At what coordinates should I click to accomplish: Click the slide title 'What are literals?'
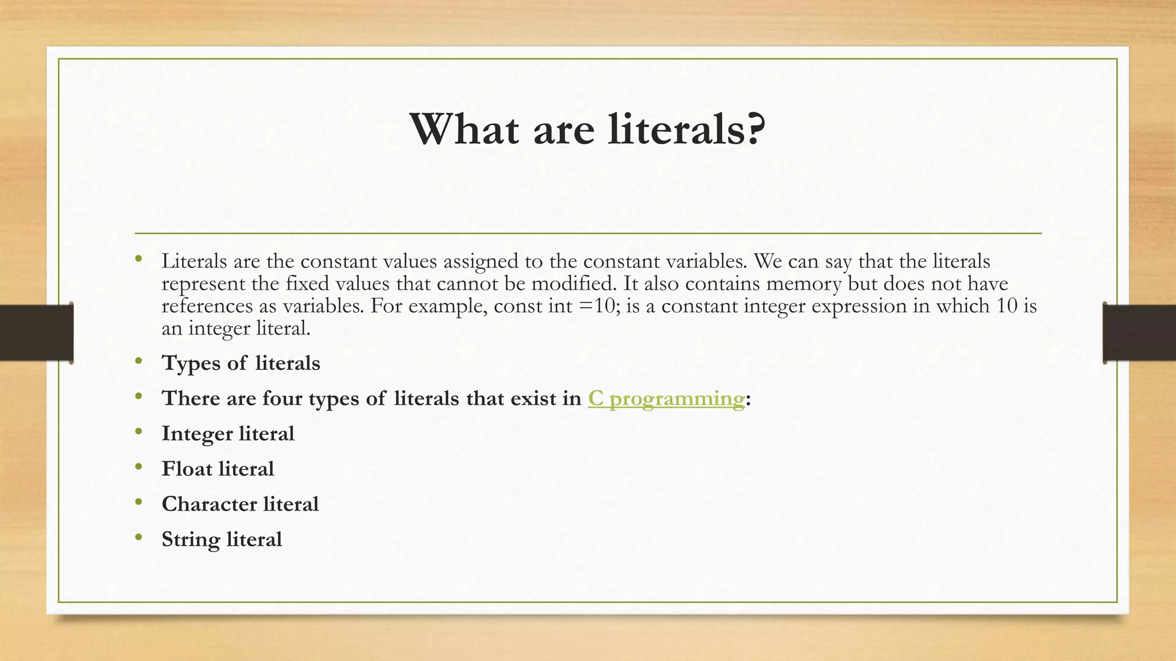(x=587, y=130)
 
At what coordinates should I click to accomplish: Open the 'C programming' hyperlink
(x=666, y=398)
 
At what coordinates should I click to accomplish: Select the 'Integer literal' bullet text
(x=228, y=434)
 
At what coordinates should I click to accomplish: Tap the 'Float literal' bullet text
(x=218, y=469)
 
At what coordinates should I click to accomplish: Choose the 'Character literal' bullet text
(x=240, y=504)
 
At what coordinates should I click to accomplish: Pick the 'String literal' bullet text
(x=222, y=539)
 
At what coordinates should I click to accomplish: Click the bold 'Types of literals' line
(x=241, y=363)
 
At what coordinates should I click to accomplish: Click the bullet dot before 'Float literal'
(x=138, y=467)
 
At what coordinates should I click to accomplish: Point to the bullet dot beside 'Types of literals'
(x=138, y=361)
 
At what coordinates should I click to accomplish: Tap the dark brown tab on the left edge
(x=36, y=333)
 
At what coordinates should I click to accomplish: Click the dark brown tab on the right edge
(x=1139, y=333)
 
